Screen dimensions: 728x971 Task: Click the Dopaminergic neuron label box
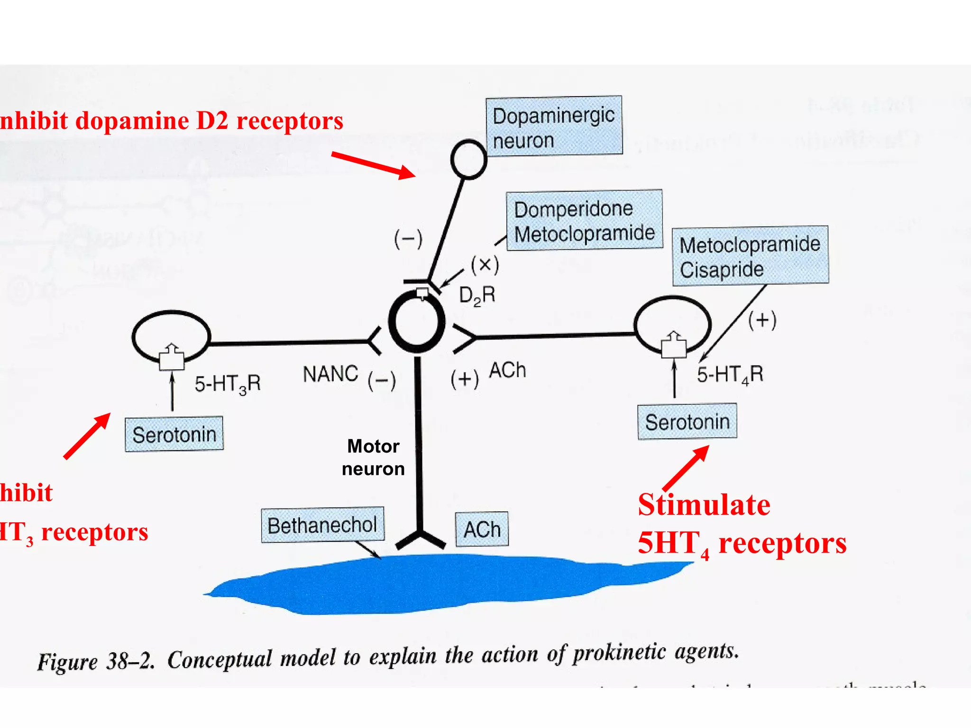[x=554, y=126]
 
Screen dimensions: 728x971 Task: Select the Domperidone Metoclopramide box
[x=584, y=220]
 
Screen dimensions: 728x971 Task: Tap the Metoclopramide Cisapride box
[x=750, y=256]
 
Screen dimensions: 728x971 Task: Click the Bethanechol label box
[x=322, y=525]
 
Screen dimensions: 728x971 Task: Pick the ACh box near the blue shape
[x=482, y=529]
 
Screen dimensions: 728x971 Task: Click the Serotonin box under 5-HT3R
[x=174, y=434]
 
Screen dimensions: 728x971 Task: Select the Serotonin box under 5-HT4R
[x=687, y=421]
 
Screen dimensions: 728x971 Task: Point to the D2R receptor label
[x=477, y=295]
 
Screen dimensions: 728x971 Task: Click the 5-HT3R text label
[x=228, y=383]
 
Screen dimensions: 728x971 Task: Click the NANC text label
[x=330, y=374]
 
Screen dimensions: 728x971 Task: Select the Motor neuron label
[x=373, y=457]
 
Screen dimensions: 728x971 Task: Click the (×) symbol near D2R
[x=485, y=264]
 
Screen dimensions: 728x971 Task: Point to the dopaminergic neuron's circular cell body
[x=468, y=160]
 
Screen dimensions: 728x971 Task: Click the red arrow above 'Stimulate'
[x=686, y=468]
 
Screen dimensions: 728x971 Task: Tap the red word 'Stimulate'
[x=704, y=505]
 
